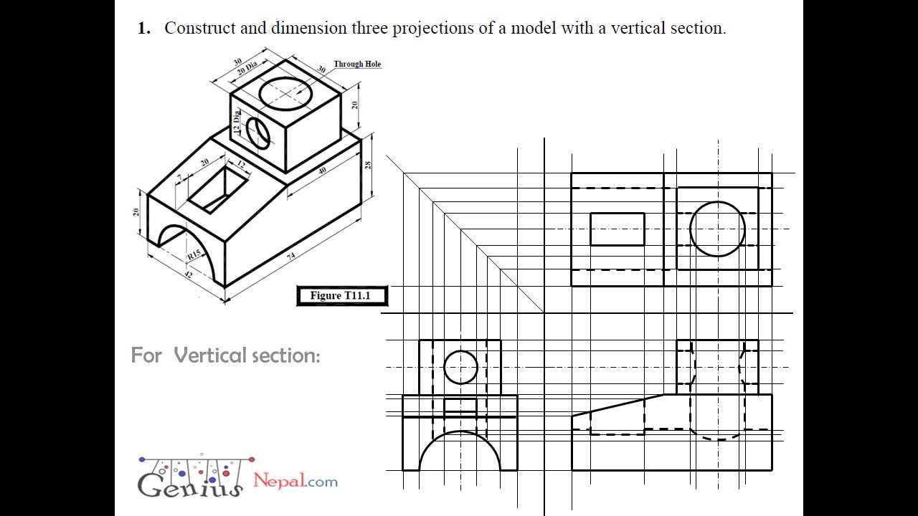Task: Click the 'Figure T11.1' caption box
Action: (x=341, y=295)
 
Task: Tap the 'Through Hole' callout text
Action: (x=357, y=64)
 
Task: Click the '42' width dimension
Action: (x=189, y=273)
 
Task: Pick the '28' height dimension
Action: (x=368, y=165)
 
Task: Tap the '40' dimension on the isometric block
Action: (x=322, y=171)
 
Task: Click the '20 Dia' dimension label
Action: (x=247, y=70)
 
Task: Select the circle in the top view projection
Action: (x=717, y=229)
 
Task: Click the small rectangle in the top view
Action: (x=617, y=229)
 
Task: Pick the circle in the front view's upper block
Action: (x=460, y=367)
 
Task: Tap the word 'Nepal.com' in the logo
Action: (x=295, y=480)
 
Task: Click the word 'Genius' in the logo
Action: (x=191, y=484)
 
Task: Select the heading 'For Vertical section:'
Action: (x=225, y=355)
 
